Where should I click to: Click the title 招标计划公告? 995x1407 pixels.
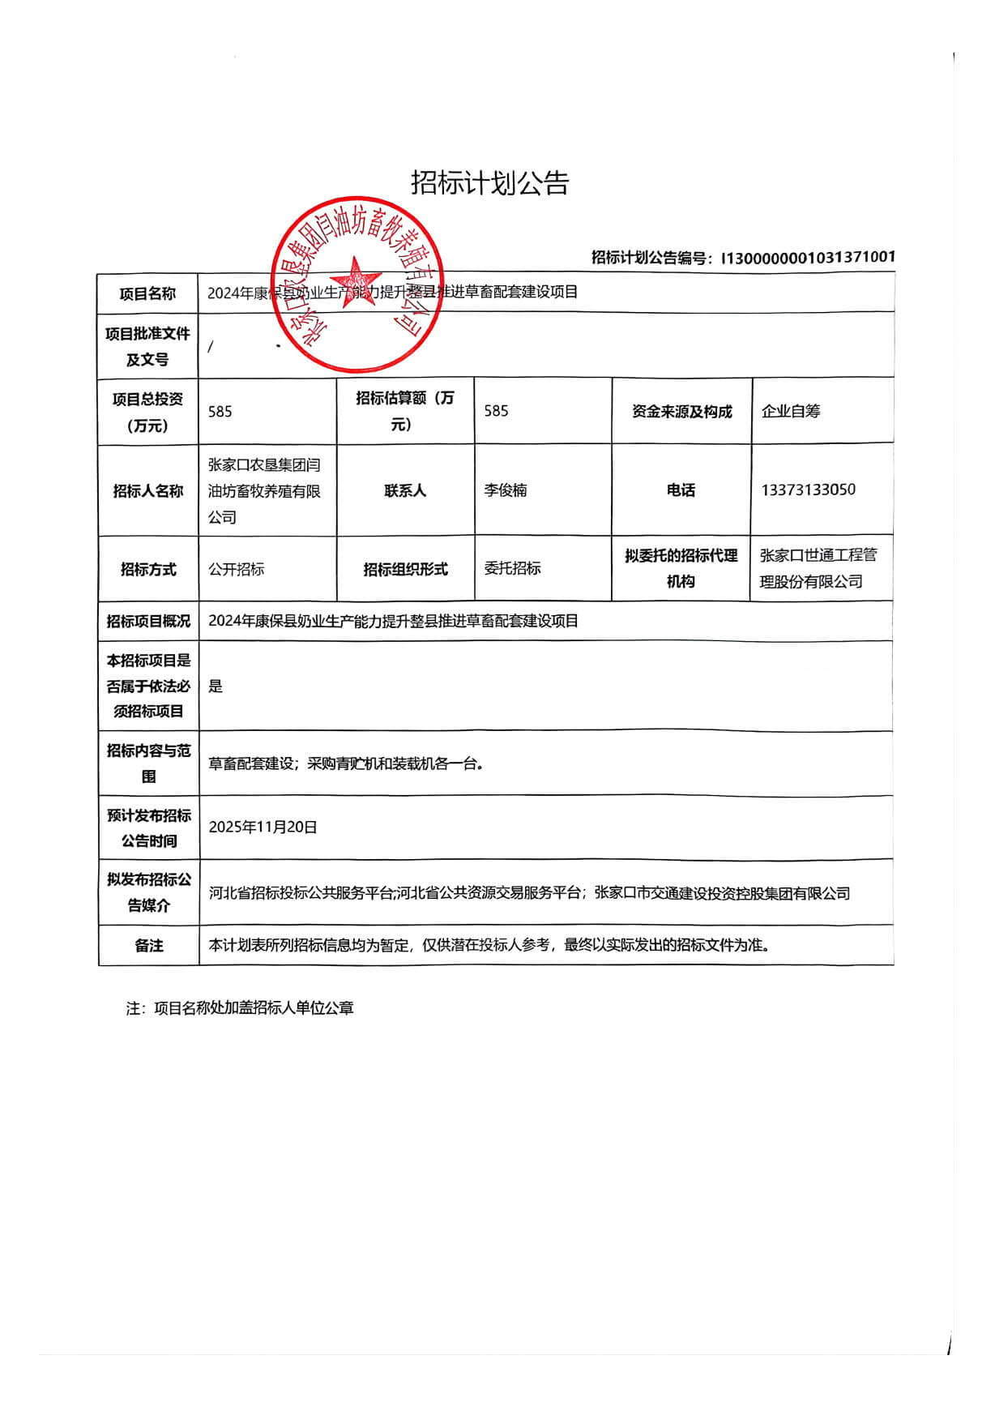click(x=489, y=183)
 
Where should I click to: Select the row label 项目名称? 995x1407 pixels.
click(x=147, y=294)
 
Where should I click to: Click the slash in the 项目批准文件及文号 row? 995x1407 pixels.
click(x=211, y=347)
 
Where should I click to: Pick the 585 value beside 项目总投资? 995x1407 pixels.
click(x=220, y=412)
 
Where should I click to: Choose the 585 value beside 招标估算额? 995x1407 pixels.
click(x=496, y=411)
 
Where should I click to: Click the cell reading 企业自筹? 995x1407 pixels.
click(x=791, y=411)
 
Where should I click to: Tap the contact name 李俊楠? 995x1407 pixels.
click(x=506, y=490)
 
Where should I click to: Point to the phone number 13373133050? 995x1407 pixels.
click(x=808, y=490)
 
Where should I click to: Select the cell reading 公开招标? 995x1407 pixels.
click(x=237, y=569)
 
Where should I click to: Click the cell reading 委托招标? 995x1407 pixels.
click(x=512, y=568)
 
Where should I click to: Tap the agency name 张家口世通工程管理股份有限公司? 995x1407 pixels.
click(x=818, y=568)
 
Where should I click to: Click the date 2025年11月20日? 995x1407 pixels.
click(x=263, y=827)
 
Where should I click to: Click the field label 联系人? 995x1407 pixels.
click(x=405, y=490)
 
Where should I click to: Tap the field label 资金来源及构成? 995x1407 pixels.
click(x=681, y=412)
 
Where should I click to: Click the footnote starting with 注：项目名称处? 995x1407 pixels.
click(x=240, y=1008)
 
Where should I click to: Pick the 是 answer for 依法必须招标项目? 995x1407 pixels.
click(x=216, y=686)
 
